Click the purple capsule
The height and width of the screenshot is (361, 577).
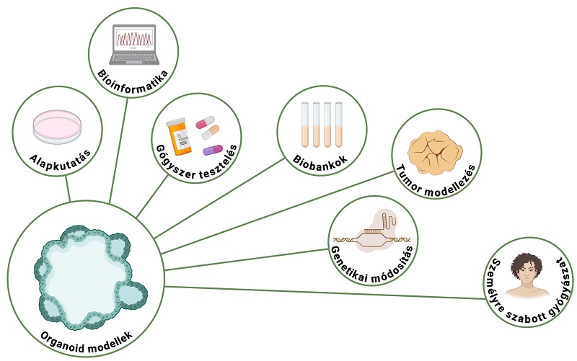click(x=213, y=150)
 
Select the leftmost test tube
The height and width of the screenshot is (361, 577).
click(x=305, y=125)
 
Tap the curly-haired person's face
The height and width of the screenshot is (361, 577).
click(x=524, y=268)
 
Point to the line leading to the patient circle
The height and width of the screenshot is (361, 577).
click(x=325, y=293)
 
